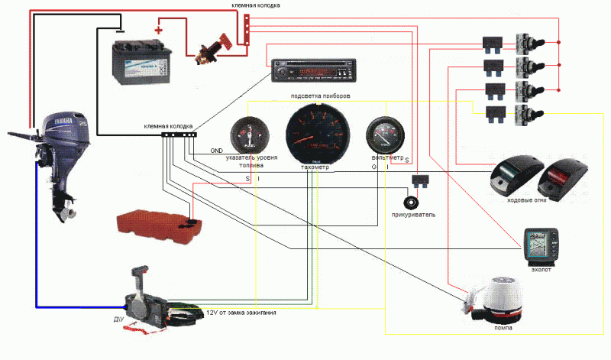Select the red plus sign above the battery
coord(159,31)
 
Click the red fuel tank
coord(157,220)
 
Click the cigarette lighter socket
coord(413,203)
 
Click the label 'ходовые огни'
coord(526,202)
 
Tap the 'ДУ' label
coord(117,318)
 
